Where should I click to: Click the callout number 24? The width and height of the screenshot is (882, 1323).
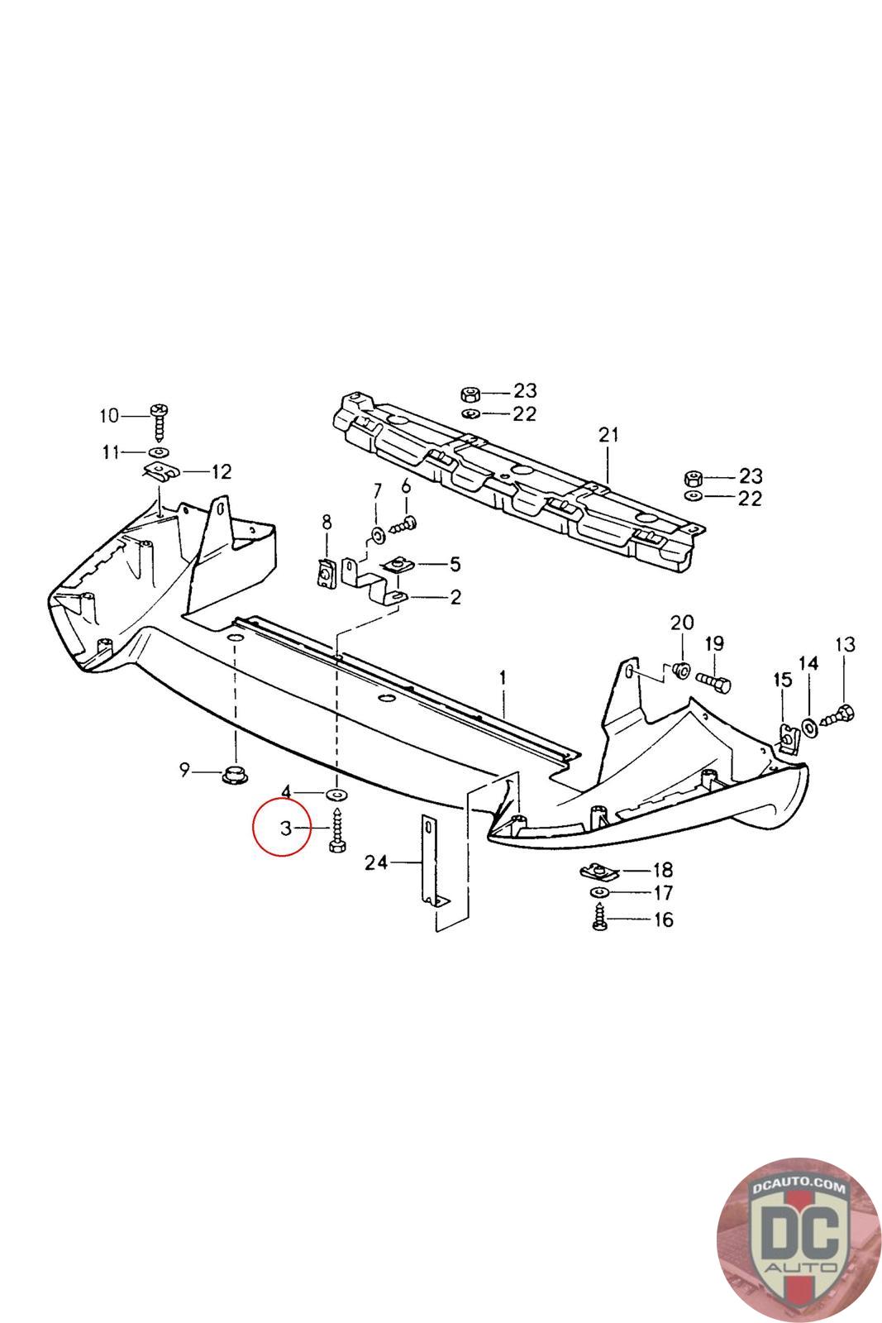pyautogui.click(x=376, y=863)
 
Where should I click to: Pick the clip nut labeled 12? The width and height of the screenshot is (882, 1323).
pyautogui.click(x=161, y=473)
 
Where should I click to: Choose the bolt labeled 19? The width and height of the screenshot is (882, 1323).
pyautogui.click(x=715, y=683)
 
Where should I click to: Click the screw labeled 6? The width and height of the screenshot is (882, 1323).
pyautogui.click(x=407, y=523)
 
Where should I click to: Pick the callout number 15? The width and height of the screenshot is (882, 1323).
pyautogui.click(x=782, y=680)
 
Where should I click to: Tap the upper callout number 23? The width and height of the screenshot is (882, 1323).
pyautogui.click(x=525, y=390)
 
